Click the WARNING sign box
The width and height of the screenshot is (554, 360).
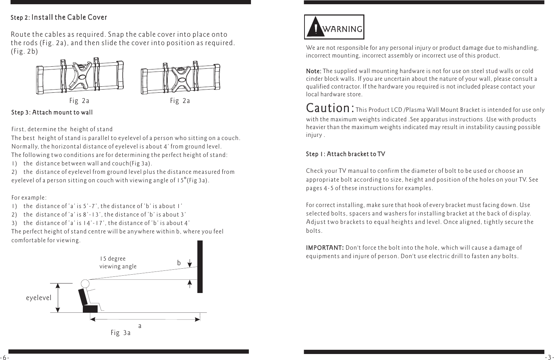click(x=334, y=27)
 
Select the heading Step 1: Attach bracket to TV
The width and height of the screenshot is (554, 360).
click(x=345, y=154)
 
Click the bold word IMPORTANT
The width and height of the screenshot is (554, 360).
click(x=324, y=248)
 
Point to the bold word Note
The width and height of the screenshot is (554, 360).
click(x=313, y=71)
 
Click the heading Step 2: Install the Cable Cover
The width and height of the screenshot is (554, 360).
click(x=59, y=17)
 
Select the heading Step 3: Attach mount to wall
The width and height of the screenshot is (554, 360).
click(x=52, y=112)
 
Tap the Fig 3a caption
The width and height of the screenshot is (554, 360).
click(x=121, y=333)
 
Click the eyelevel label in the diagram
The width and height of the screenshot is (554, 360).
click(x=39, y=298)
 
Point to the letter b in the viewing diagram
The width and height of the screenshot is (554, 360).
click(x=179, y=263)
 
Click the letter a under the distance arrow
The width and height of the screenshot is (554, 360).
click(x=140, y=327)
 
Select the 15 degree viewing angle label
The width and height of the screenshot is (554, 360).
click(x=118, y=263)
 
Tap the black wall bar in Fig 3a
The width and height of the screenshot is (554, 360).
click(x=200, y=267)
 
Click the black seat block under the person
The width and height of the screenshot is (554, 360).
click(x=90, y=309)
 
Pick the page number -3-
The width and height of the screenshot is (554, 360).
click(x=549, y=357)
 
